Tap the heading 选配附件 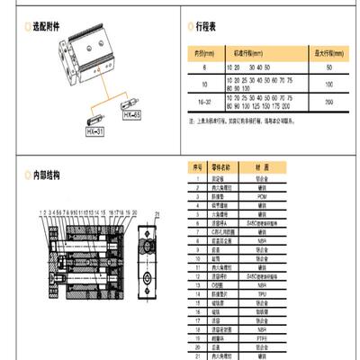(43, 29)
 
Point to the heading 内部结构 (43, 176)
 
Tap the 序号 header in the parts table (196, 167)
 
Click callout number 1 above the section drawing (41, 213)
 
